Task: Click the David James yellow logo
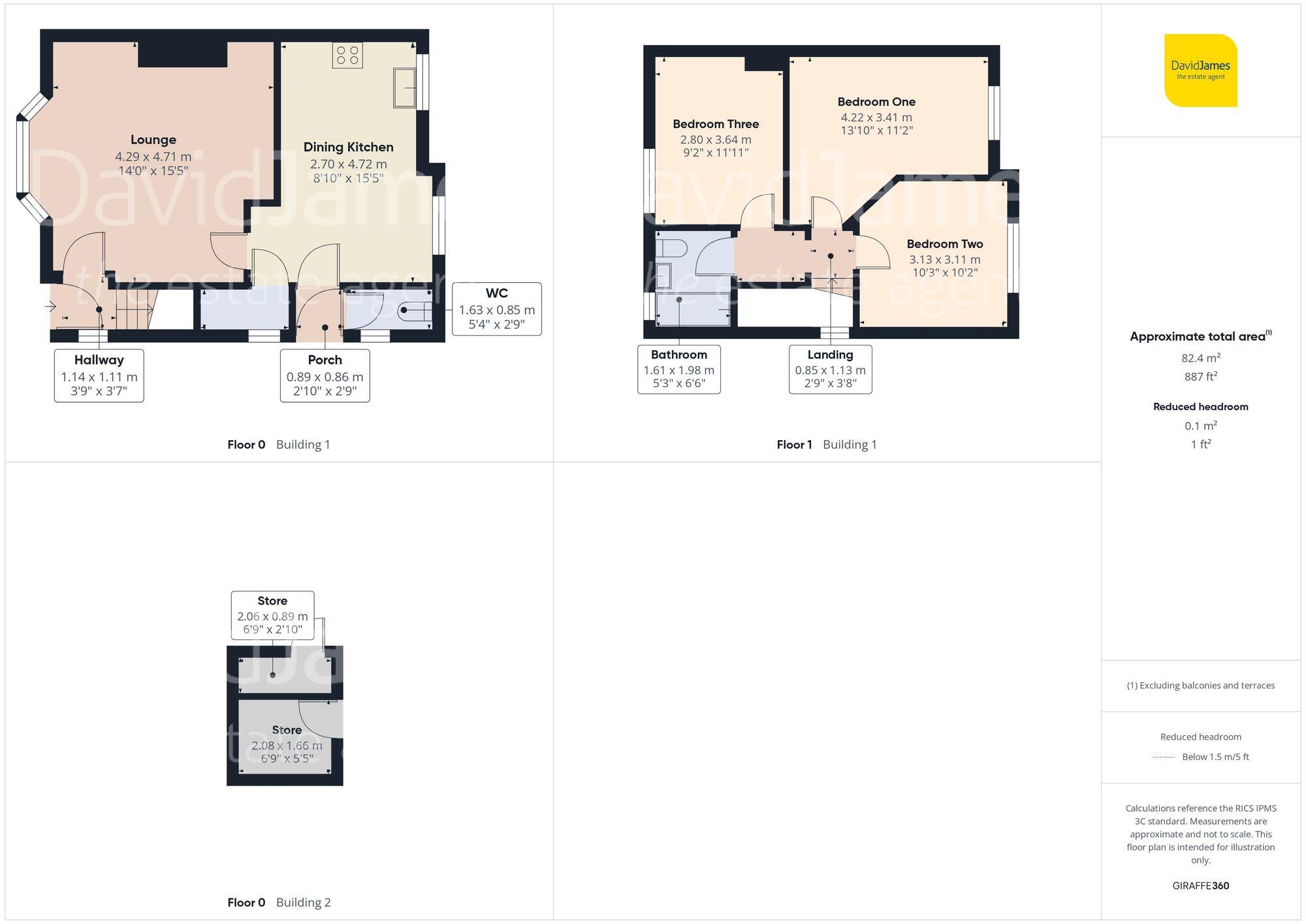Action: [1200, 71]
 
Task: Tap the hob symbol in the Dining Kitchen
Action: [347, 55]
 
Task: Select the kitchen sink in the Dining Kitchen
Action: [405, 88]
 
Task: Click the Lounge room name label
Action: [153, 140]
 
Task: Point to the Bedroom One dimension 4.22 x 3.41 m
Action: [876, 118]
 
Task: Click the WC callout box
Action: [496, 309]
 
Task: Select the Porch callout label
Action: [325, 375]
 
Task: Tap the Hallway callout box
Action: [99, 375]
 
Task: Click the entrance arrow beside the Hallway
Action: [51, 306]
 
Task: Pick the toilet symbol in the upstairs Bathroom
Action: [671, 249]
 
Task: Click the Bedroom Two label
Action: [944, 244]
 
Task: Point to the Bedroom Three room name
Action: [716, 124]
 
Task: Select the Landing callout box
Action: [830, 370]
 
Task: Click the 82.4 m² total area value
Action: [1200, 358]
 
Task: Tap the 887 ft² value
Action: [1200, 377]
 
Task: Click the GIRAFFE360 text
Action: [1200, 885]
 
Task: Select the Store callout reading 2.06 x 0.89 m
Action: [272, 615]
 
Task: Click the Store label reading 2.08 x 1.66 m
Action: [287, 744]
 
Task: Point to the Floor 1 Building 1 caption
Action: [826, 445]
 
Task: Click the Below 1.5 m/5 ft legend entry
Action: [1215, 757]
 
